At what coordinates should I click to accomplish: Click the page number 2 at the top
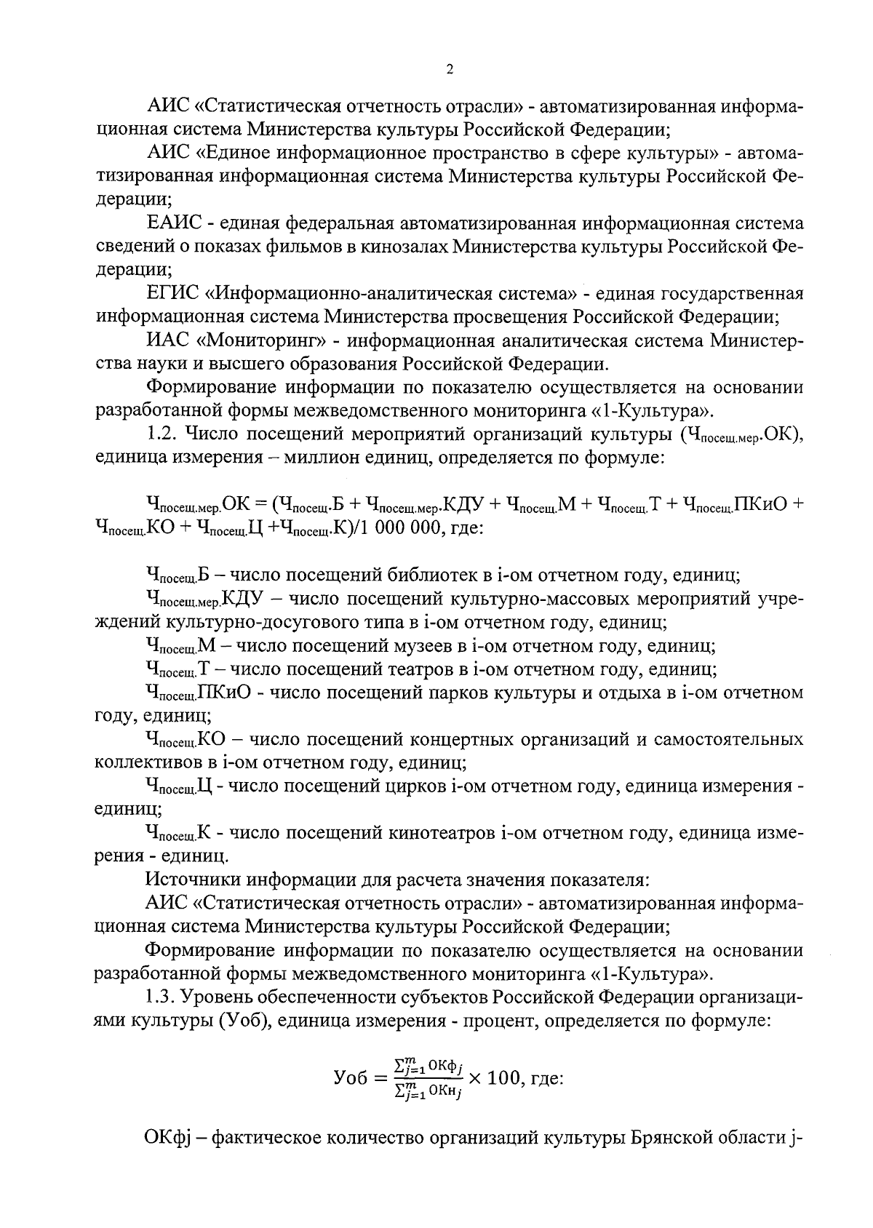[x=449, y=70]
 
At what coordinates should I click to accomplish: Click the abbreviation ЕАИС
[x=171, y=223]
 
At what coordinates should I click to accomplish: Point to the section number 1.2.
[x=162, y=434]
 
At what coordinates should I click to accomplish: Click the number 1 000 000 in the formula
[x=398, y=527]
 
